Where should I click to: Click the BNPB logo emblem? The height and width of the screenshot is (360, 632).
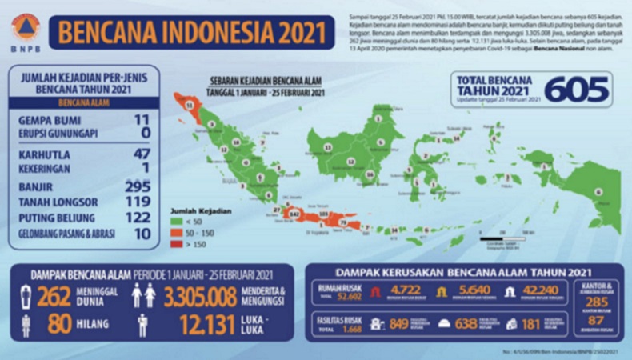point(24,27)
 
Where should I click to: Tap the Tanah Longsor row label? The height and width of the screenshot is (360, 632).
point(58,202)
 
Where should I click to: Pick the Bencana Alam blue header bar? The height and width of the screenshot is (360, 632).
point(84,102)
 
